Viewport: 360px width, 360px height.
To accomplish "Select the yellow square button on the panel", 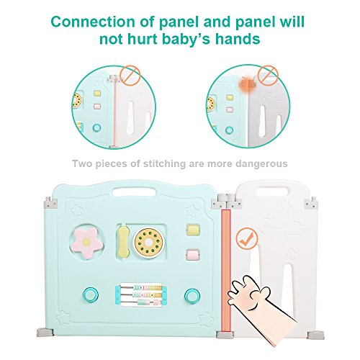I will tap(193, 231).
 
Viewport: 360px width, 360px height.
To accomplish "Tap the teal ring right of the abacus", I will tap(192, 295).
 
